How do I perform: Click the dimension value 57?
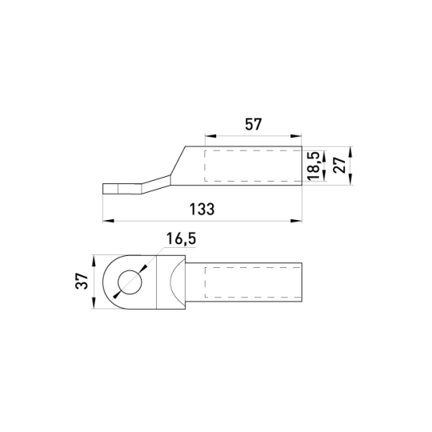[253, 124]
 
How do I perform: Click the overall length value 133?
[202, 209]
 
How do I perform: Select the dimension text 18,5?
[314, 166]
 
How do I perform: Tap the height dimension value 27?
[339, 165]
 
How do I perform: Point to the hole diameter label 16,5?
[181, 239]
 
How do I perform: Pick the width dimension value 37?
[82, 281]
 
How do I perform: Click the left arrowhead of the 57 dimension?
[210, 136]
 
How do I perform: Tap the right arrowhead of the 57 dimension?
[297, 136]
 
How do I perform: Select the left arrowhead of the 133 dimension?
[108, 221]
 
